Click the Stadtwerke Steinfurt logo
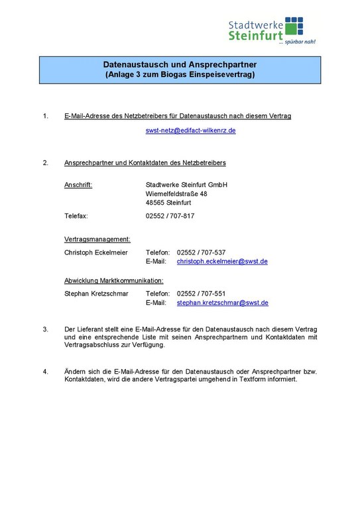click(x=272, y=30)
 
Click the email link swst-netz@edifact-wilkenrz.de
click(x=191, y=131)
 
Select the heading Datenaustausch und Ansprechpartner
click(x=179, y=65)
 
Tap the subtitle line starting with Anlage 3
click(x=179, y=76)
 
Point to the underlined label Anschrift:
click(x=78, y=185)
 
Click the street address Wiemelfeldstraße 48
click(x=176, y=194)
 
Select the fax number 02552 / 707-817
click(x=170, y=217)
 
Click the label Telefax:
click(x=76, y=217)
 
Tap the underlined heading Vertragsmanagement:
click(x=97, y=239)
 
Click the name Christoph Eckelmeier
click(x=97, y=253)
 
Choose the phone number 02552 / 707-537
click(x=202, y=253)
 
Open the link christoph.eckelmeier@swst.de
click(x=222, y=262)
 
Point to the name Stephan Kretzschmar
click(x=96, y=294)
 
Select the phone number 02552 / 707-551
click(x=202, y=294)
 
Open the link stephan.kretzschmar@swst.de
click(x=222, y=303)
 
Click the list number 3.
click(x=46, y=329)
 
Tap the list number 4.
click(x=46, y=371)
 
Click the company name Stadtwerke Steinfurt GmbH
click(x=186, y=185)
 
